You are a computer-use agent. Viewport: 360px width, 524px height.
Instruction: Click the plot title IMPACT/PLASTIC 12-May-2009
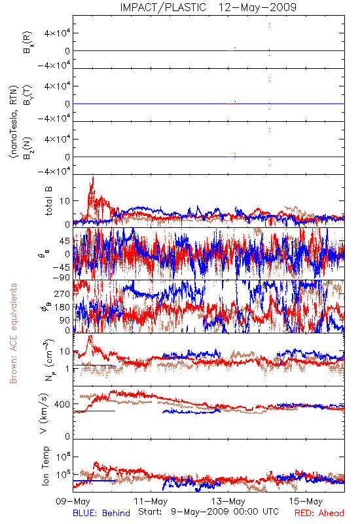tap(208, 7)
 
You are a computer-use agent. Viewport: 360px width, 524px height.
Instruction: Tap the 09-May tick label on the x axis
tap(73, 501)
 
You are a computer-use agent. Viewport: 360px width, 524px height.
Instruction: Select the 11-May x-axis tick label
tap(151, 501)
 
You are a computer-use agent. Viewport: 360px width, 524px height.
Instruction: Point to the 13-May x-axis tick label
tap(228, 501)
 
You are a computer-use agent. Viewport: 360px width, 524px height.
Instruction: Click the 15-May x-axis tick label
tap(306, 501)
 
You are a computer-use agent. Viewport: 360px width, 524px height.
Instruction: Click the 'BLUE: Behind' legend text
tap(101, 513)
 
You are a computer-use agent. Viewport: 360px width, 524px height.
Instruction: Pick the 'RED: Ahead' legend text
tap(319, 513)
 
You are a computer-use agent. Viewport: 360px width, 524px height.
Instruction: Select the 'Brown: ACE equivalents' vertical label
tap(13, 333)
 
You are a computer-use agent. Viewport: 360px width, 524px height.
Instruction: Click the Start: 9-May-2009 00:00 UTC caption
tap(208, 512)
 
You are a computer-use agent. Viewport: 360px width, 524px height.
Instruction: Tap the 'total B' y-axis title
tap(48, 200)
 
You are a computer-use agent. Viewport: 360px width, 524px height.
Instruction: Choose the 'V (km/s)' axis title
tap(44, 413)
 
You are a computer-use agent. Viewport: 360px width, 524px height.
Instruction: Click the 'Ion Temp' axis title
tap(45, 466)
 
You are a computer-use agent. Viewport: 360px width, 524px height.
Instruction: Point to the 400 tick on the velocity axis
tap(62, 404)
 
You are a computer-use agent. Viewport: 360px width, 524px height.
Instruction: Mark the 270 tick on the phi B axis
tap(62, 293)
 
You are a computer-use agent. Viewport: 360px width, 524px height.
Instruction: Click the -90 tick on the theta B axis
tap(61, 277)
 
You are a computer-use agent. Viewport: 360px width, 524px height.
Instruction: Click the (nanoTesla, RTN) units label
tap(14, 121)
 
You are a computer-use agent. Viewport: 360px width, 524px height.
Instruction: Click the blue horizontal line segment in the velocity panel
tap(94, 411)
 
